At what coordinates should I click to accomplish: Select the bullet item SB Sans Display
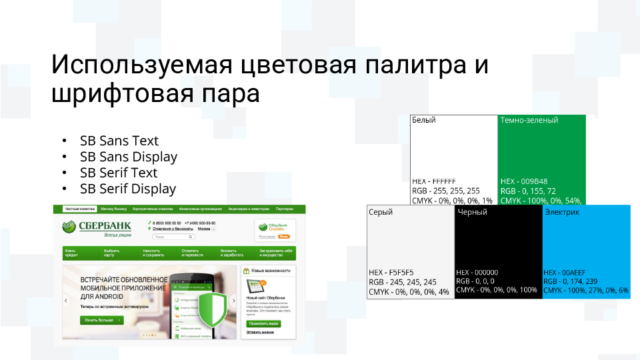tap(129, 157)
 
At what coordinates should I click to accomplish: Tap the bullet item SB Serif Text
tap(119, 173)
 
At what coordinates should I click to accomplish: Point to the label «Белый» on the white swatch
tap(424, 120)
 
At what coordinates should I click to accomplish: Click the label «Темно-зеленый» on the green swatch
tap(529, 120)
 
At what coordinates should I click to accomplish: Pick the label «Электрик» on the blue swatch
tap(561, 212)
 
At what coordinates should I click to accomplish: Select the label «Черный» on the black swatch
tap(471, 212)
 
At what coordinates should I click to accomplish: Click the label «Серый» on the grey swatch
tap(381, 212)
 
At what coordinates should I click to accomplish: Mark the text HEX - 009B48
tap(524, 181)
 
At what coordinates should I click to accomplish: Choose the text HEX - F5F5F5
tap(391, 273)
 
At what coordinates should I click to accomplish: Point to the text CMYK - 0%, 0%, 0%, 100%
tap(497, 290)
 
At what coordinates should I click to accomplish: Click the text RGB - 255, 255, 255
tap(446, 191)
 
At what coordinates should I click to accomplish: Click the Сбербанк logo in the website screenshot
tap(93, 227)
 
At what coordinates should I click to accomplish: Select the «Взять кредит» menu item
tap(71, 253)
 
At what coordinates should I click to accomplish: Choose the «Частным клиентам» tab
tap(76, 209)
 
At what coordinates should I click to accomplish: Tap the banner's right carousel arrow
tap(233, 301)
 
